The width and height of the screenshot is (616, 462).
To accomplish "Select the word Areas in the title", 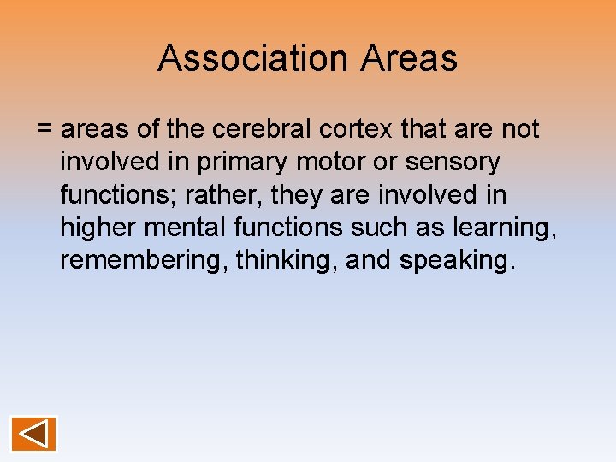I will pyautogui.click(x=409, y=58).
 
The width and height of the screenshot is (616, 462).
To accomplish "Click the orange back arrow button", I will pyautogui.click(x=33, y=434).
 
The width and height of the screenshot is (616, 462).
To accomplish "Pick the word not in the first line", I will pyautogui.click(x=519, y=129).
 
